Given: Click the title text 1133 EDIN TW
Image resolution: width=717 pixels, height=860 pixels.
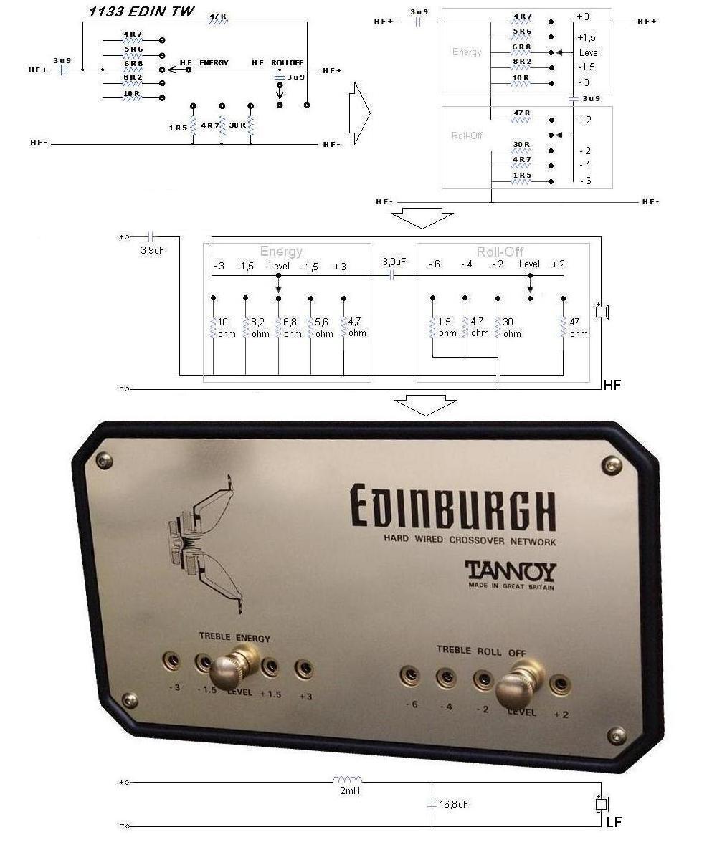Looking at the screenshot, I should [x=133, y=11].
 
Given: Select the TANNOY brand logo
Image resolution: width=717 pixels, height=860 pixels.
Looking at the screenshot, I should [x=511, y=571].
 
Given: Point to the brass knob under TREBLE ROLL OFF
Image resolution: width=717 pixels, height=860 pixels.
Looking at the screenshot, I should [x=528, y=681].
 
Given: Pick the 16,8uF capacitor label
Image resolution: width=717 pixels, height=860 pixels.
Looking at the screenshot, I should [x=453, y=805].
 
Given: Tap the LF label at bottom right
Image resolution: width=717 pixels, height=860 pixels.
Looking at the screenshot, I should [x=614, y=822].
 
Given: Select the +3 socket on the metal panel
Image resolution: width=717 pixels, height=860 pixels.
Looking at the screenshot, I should [x=305, y=669].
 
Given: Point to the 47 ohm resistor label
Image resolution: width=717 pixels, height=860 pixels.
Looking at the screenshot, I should [x=578, y=328].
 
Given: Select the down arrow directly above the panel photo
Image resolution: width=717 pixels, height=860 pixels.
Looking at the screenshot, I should [x=425, y=406].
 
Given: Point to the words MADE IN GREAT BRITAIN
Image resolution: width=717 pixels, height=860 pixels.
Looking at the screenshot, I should [x=511, y=586].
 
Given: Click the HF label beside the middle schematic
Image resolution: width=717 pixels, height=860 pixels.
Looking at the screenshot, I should [x=612, y=386].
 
